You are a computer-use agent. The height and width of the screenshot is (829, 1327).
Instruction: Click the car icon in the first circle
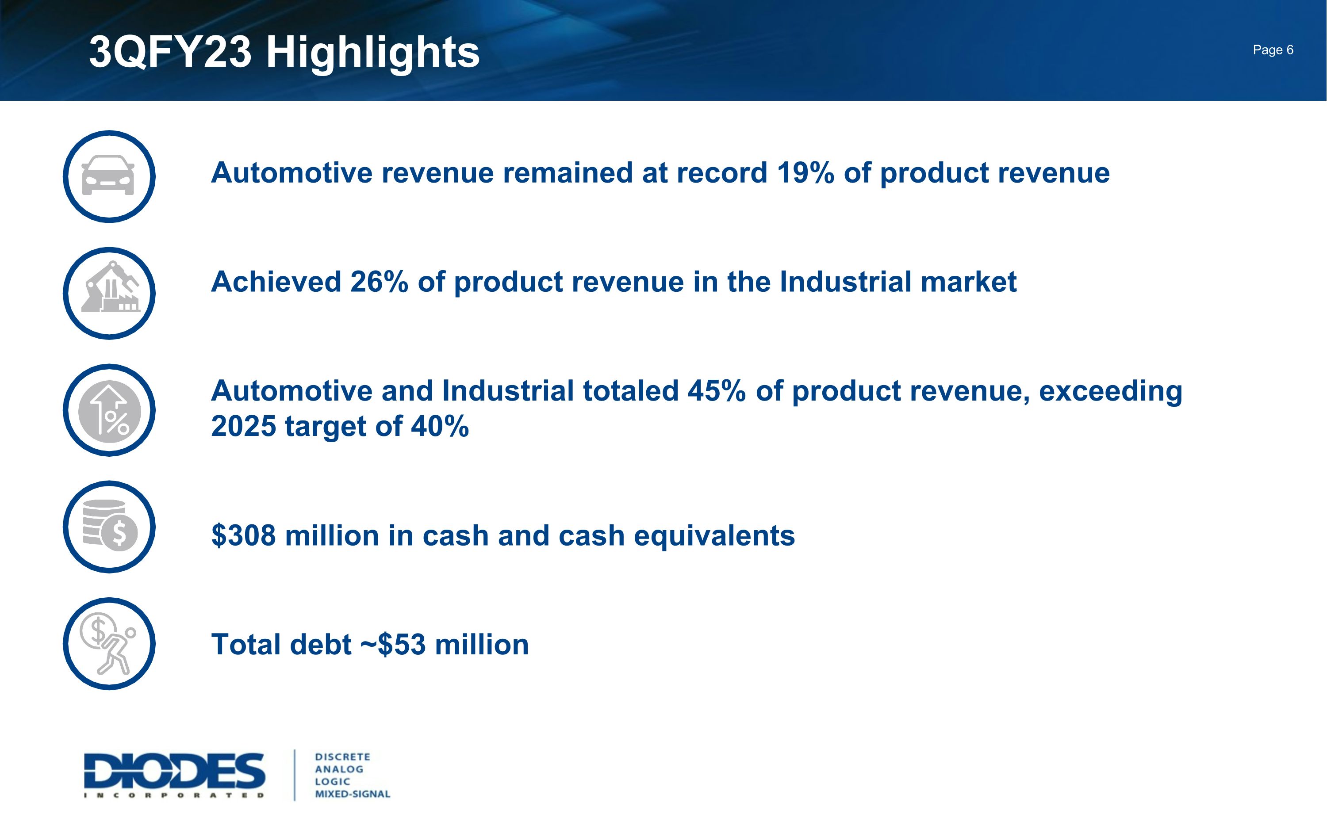pyautogui.click(x=108, y=176)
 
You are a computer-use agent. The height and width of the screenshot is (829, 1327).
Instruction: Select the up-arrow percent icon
pyautogui.click(x=110, y=411)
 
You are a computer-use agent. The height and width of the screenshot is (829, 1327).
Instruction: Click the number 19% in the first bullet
pyautogui.click(x=805, y=173)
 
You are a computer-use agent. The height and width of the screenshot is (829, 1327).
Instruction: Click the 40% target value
pyautogui.click(x=440, y=426)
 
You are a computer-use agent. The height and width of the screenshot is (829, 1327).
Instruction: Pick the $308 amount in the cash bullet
pyautogui.click(x=243, y=536)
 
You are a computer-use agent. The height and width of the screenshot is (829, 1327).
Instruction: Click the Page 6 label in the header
pyautogui.click(x=1272, y=50)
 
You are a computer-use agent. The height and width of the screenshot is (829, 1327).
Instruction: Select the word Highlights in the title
pyautogui.click(x=372, y=53)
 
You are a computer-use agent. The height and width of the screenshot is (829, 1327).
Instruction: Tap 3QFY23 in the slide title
pyautogui.click(x=170, y=53)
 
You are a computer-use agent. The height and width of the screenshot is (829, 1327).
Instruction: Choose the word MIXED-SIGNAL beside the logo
pyautogui.click(x=352, y=794)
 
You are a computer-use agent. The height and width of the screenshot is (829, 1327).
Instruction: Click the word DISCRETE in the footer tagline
pyautogui.click(x=342, y=756)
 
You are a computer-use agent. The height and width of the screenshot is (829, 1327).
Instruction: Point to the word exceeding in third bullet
pyautogui.click(x=1110, y=391)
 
